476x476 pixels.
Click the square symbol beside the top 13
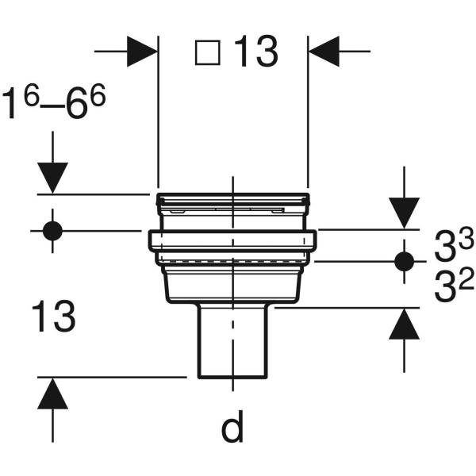(x=208, y=53)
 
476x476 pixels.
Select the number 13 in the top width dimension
(x=255, y=53)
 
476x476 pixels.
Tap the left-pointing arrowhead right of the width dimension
(x=324, y=52)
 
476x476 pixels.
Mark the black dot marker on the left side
(x=52, y=231)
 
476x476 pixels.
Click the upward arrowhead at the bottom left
(x=52, y=394)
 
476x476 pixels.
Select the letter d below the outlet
(x=232, y=428)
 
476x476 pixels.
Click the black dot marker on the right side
(x=405, y=261)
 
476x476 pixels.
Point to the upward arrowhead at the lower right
(x=405, y=324)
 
